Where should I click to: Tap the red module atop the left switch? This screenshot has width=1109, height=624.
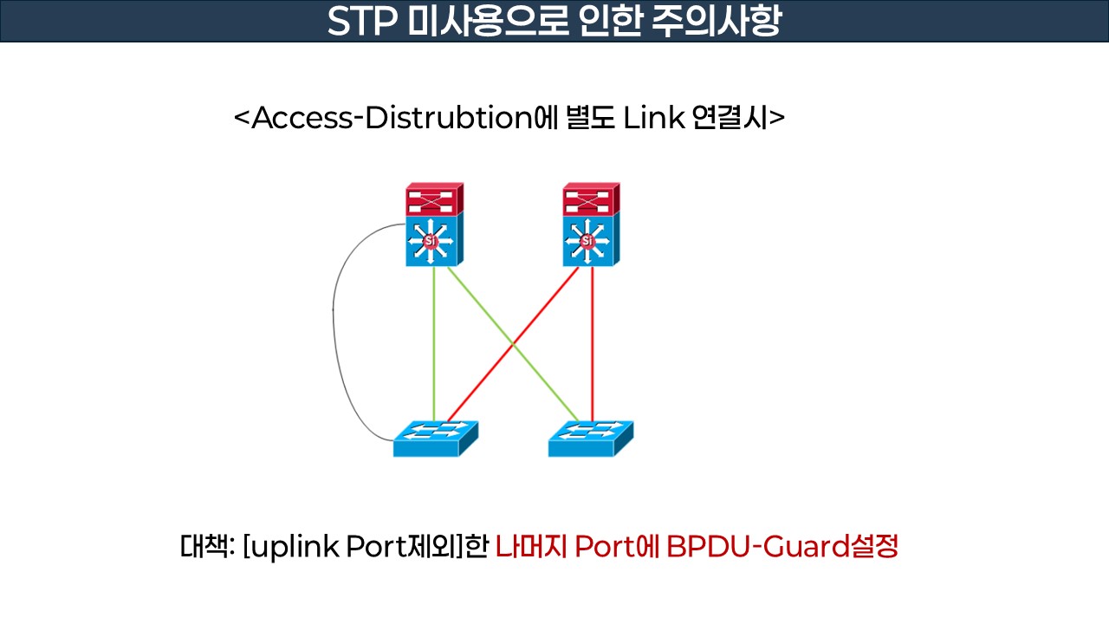pos(434,199)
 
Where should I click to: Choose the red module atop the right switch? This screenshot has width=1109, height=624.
pos(590,199)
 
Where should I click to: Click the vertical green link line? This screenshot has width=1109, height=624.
pos(434,347)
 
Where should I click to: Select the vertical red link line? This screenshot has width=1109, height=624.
pos(592,347)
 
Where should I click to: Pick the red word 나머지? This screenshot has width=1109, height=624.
pos(531,547)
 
